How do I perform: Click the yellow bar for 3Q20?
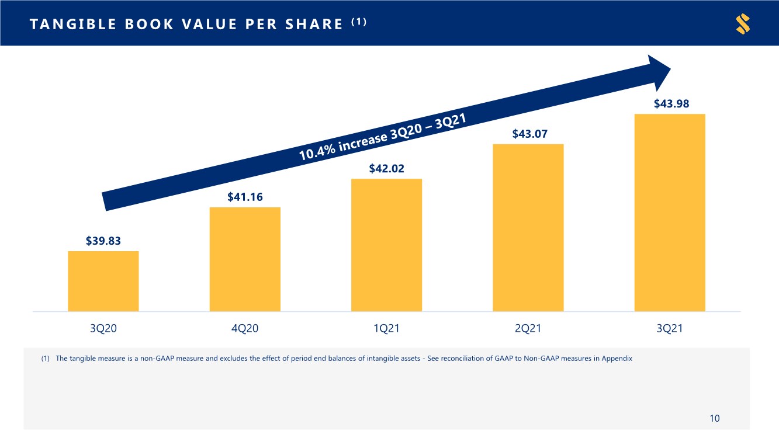(103, 281)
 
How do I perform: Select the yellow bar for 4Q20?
(245, 259)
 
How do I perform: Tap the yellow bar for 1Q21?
(386, 245)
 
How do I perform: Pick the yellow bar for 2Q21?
(528, 228)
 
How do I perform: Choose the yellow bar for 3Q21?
(670, 213)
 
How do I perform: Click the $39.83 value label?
(103, 241)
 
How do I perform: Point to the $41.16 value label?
(245, 197)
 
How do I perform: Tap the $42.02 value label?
(386, 169)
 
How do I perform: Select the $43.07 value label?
(529, 134)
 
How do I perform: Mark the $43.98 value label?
(671, 104)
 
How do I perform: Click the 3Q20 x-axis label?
(103, 329)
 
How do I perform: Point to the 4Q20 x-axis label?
(245, 329)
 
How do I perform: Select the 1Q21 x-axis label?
(386, 329)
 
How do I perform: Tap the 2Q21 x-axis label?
(528, 329)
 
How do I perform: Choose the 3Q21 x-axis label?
(670, 329)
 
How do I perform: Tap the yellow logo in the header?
(743, 24)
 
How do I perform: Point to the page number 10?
(714, 418)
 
